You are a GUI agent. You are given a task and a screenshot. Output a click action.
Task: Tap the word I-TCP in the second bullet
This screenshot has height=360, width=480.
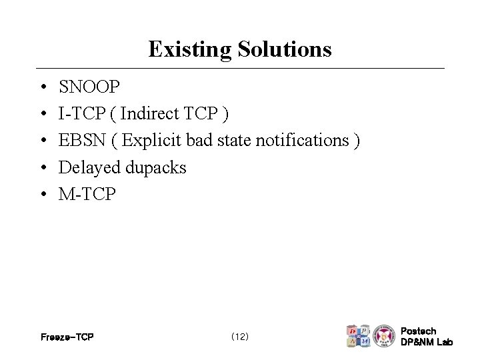81,114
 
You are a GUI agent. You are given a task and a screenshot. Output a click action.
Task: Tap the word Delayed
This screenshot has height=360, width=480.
88,167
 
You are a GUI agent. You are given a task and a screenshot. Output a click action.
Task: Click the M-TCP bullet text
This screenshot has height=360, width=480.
87,194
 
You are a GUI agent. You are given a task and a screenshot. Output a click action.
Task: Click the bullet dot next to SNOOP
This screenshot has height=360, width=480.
42,88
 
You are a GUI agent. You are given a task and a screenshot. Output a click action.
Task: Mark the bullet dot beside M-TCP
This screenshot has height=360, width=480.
42,195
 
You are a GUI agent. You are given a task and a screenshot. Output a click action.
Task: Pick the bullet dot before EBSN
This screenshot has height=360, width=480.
42,141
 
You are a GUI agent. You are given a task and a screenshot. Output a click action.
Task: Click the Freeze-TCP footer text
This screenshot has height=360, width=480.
67,337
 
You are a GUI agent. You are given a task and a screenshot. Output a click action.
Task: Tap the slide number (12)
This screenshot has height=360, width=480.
239,337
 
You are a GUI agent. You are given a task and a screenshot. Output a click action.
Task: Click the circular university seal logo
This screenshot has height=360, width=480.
384,335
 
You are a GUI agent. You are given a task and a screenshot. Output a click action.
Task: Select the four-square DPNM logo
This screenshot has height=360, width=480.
358,336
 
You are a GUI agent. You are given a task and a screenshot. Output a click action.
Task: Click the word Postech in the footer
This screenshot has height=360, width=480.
419,331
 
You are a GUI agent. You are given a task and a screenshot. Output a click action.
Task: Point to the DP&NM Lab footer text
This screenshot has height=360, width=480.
427,342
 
